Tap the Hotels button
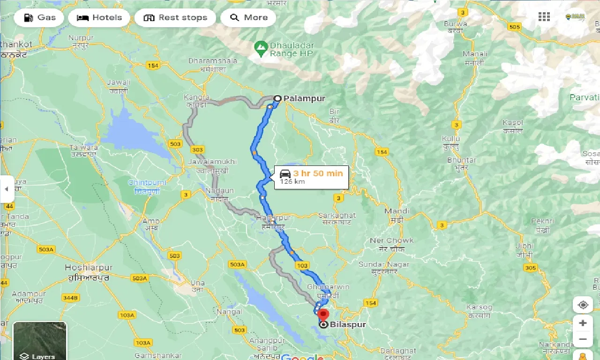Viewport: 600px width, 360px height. (x=99, y=18)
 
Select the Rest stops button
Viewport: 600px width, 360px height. (x=175, y=18)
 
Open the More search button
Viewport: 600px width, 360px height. (x=248, y=18)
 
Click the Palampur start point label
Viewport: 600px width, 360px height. (x=304, y=98)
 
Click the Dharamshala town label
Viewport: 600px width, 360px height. (x=213, y=61)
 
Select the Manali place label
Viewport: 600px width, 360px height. (x=475, y=54)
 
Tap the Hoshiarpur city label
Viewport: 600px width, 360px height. (x=89, y=268)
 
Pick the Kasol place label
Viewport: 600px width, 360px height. (x=512, y=123)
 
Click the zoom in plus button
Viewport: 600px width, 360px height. (x=583, y=323)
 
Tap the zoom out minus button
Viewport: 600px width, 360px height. (x=583, y=339)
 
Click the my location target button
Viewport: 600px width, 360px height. (x=583, y=305)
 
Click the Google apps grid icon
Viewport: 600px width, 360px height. (x=544, y=17)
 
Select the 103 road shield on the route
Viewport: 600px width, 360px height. (x=302, y=266)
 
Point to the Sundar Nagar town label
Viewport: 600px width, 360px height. (x=383, y=264)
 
